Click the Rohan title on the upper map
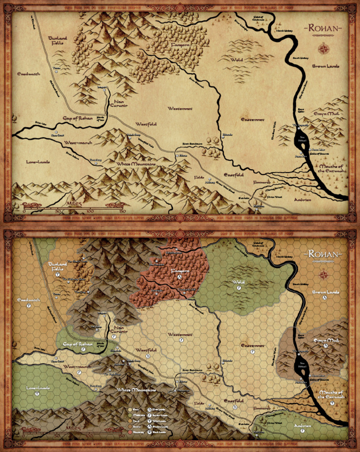click(x=324, y=29)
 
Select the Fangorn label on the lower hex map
click(x=179, y=271)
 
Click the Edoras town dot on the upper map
click(x=177, y=155)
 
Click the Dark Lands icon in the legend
click(x=150, y=431)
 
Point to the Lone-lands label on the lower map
click(x=37, y=388)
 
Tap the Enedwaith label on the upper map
click(x=29, y=74)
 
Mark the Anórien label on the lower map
click(x=302, y=426)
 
